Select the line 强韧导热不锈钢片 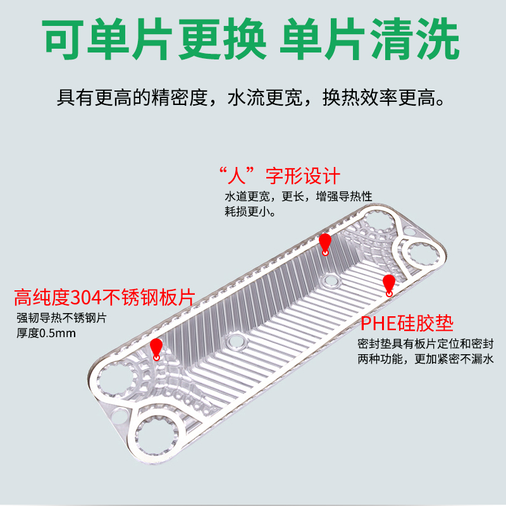coord(61,318)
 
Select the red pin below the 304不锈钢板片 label coord(156,347)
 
